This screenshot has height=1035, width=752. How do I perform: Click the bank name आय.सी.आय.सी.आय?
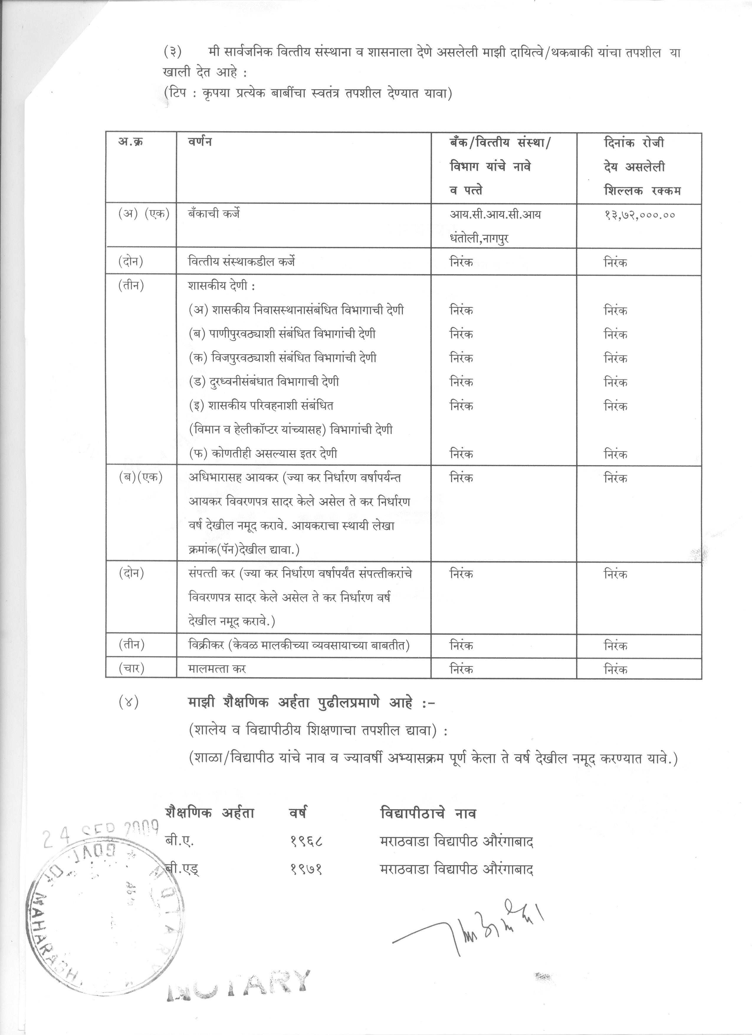[495, 214]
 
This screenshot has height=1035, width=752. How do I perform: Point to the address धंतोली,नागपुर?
[479, 238]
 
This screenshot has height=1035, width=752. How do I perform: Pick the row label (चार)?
[132, 668]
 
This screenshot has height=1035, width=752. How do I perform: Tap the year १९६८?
[306, 841]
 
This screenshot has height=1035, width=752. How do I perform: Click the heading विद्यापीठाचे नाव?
[428, 813]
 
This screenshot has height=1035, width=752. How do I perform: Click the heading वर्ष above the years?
[298, 813]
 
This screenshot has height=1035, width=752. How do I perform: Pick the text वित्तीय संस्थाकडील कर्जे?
[242, 262]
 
